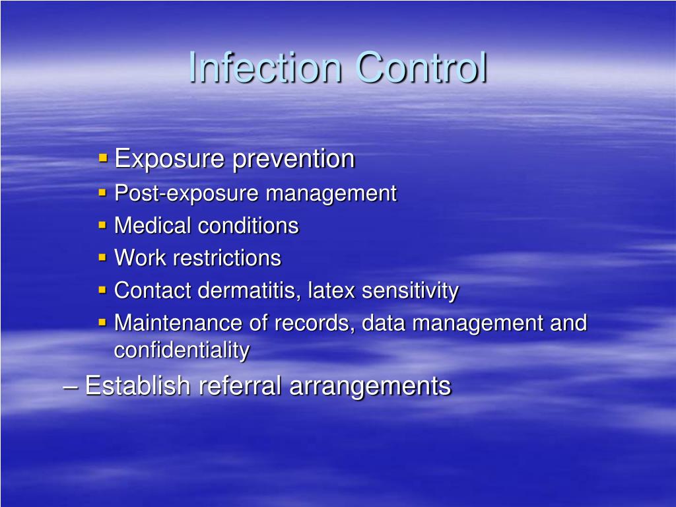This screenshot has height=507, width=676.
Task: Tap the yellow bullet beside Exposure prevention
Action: point(103,158)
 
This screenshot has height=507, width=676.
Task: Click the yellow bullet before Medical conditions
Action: point(103,225)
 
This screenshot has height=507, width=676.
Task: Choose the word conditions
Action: point(248,226)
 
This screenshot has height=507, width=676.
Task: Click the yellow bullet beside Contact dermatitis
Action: point(103,290)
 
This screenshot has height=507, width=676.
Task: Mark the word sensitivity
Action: point(410,290)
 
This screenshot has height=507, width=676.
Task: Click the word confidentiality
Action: point(182,350)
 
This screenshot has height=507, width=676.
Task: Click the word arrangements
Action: point(370,386)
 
